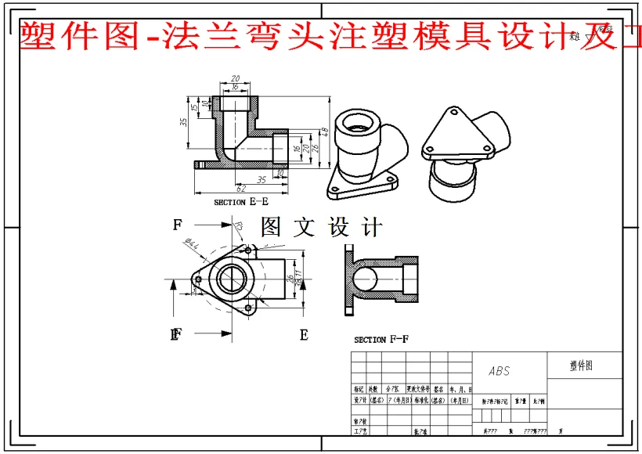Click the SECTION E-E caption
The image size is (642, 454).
(240, 202)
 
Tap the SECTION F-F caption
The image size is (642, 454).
(381, 340)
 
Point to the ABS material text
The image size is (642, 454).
(499, 371)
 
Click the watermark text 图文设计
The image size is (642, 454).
(322, 228)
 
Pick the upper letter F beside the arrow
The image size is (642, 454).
(178, 225)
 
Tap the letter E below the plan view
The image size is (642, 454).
(304, 335)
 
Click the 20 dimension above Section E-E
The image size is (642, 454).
(235, 79)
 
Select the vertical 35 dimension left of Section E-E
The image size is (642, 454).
(183, 123)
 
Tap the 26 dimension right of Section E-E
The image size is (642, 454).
(316, 147)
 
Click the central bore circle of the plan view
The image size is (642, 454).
(233, 279)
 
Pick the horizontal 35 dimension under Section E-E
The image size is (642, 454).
(261, 179)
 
